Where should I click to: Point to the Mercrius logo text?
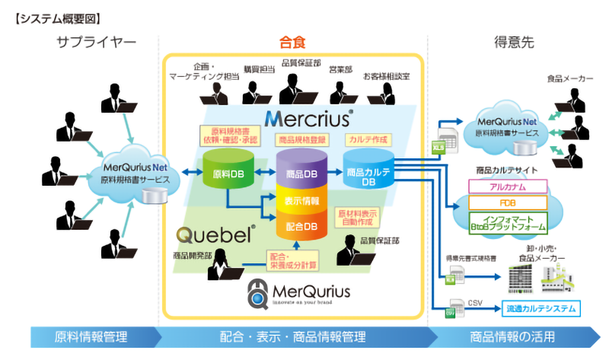pos(308,119)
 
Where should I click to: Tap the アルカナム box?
pos(509,186)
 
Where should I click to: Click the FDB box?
pos(509,202)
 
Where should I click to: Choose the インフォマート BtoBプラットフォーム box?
pos(509,222)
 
